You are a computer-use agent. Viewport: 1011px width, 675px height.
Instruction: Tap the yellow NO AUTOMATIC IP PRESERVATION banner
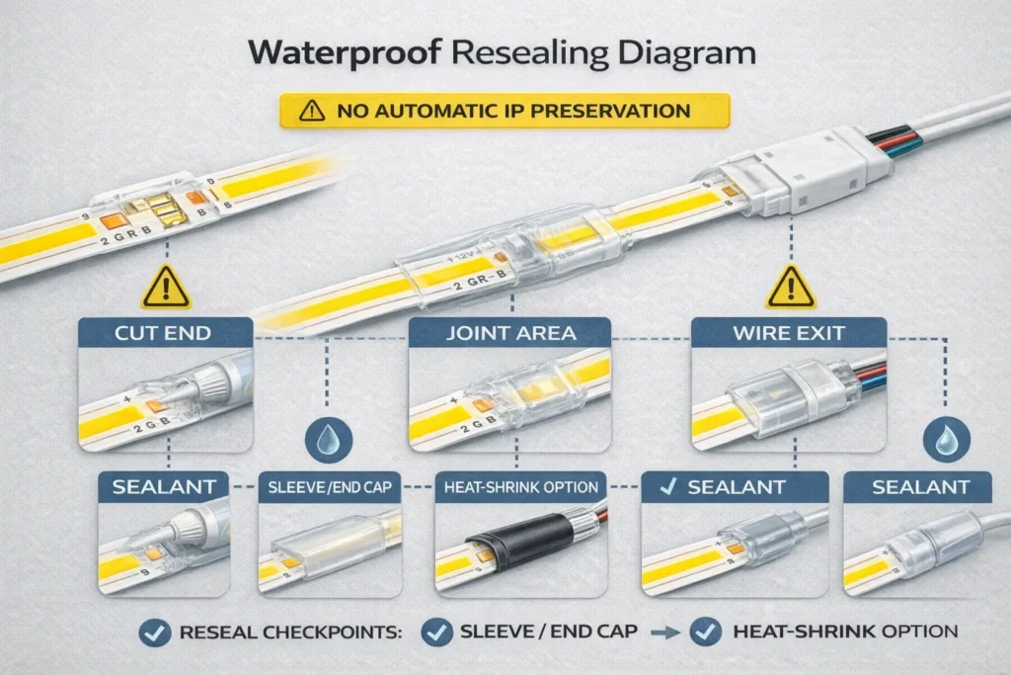click(x=505, y=110)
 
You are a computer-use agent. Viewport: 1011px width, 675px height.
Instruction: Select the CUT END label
click(x=165, y=333)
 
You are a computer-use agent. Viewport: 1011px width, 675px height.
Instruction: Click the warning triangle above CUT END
click(x=164, y=287)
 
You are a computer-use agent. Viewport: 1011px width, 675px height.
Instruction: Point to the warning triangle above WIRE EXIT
click(x=790, y=288)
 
